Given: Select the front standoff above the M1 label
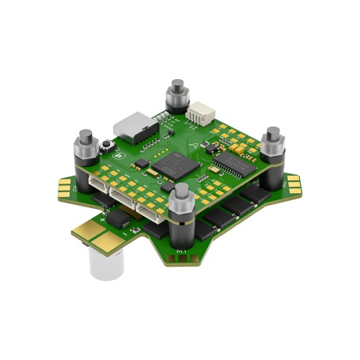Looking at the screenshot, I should click(181, 207).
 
